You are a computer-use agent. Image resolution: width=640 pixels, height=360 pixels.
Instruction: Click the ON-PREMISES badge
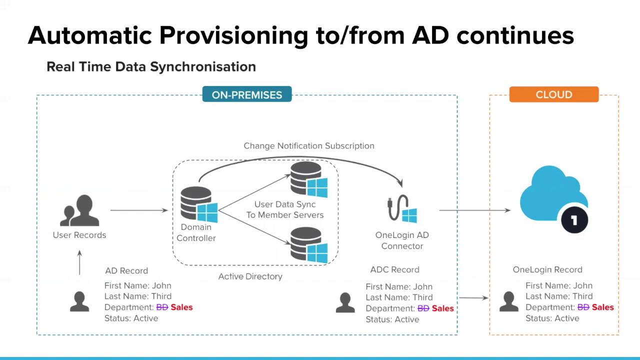click(247, 94)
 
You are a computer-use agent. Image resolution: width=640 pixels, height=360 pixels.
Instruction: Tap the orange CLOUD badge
click(553, 94)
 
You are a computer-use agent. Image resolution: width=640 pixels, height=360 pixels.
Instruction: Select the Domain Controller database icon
click(199, 204)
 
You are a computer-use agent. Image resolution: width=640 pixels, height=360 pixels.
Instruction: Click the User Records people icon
click(79, 210)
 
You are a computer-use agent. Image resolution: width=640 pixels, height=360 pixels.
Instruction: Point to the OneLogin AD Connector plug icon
click(402, 209)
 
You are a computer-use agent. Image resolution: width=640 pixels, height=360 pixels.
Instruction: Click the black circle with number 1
click(574, 220)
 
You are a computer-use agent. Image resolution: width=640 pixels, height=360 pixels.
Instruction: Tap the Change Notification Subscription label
click(308, 146)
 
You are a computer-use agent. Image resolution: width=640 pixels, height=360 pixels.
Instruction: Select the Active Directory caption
click(250, 276)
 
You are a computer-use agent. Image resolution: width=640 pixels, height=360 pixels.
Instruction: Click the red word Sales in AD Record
click(181, 307)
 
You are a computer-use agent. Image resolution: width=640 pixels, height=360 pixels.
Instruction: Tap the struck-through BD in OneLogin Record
click(583, 307)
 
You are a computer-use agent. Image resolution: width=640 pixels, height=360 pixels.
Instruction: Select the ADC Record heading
click(394, 270)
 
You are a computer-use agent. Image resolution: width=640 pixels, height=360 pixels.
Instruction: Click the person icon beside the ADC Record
click(345, 303)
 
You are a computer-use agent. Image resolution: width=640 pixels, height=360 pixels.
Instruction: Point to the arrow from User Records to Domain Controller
click(139, 210)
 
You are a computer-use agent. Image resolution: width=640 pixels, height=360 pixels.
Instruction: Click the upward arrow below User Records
click(79, 262)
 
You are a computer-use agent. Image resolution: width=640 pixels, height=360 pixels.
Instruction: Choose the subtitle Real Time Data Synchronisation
click(151, 67)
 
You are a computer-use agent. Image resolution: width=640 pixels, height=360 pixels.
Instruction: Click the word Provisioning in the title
click(233, 35)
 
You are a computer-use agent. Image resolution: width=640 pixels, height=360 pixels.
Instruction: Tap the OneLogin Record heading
click(547, 270)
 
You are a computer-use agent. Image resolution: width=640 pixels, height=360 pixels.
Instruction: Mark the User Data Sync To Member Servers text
click(285, 210)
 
